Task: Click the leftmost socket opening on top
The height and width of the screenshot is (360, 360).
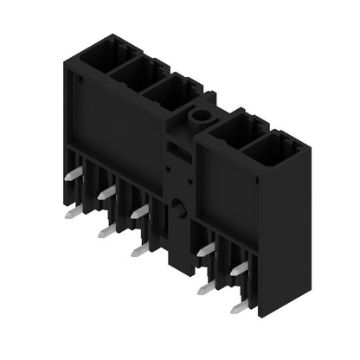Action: pyautogui.click(x=102, y=51)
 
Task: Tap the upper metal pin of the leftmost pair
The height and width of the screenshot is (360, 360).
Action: pyautogui.click(x=74, y=175)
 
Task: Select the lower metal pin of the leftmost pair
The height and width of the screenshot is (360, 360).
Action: pyautogui.click(x=74, y=211)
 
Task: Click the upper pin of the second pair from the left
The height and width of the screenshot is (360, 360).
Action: pyautogui.click(x=106, y=192)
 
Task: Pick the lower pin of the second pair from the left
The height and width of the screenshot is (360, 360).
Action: pyautogui.click(x=106, y=230)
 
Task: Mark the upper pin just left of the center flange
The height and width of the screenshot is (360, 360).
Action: pyautogui.click(x=139, y=210)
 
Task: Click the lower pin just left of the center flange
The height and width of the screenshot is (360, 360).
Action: pyautogui.click(x=139, y=249)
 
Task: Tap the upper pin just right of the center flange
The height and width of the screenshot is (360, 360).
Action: pyautogui.click(x=206, y=249)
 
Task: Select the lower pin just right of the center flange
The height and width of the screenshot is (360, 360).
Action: pyautogui.click(x=206, y=286)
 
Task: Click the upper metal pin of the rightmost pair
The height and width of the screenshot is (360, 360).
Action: pyautogui.click(x=240, y=268)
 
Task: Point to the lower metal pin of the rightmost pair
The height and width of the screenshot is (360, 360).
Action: pyautogui.click(x=240, y=305)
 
